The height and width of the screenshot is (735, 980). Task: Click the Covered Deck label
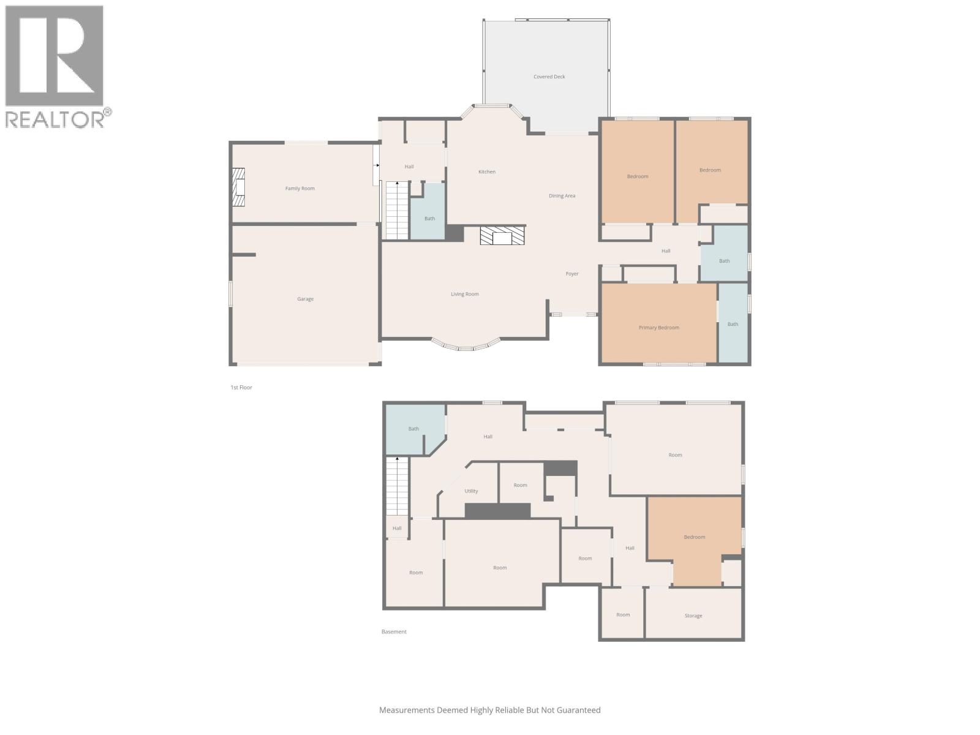pyautogui.click(x=549, y=77)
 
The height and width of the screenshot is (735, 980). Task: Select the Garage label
pyautogui.click(x=305, y=299)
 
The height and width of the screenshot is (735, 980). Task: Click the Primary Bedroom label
pyautogui.click(x=658, y=328)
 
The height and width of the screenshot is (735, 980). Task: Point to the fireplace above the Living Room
pyautogui.click(x=502, y=236)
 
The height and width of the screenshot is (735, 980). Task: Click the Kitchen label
pyautogui.click(x=487, y=171)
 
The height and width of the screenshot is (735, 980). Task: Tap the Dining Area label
pyautogui.click(x=562, y=196)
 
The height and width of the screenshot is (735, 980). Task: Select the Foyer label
pyautogui.click(x=571, y=274)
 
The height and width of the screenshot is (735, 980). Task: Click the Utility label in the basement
pyautogui.click(x=471, y=491)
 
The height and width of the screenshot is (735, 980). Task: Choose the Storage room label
pyautogui.click(x=693, y=616)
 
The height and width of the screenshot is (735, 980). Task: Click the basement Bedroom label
pyautogui.click(x=694, y=537)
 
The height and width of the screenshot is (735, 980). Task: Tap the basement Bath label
pyautogui.click(x=413, y=429)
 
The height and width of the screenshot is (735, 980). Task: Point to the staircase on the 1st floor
pyautogui.click(x=397, y=210)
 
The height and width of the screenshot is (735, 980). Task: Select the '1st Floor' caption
pyautogui.click(x=241, y=387)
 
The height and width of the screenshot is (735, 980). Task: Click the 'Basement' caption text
pyautogui.click(x=394, y=631)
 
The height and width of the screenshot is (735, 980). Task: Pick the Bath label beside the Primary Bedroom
pyautogui.click(x=733, y=324)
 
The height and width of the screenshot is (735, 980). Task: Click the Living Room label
pyautogui.click(x=464, y=294)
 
